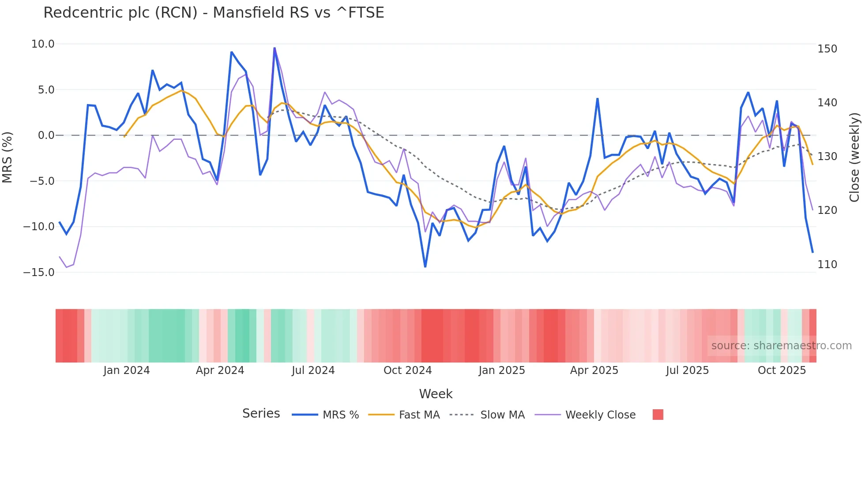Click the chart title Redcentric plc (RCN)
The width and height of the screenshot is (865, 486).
(214, 13)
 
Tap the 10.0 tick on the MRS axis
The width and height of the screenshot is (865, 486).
(43, 44)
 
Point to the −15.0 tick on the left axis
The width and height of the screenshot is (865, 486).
(39, 273)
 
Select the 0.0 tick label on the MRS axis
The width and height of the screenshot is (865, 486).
(46, 135)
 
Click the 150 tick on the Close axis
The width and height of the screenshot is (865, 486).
(827, 49)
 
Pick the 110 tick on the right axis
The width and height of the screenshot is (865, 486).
(827, 265)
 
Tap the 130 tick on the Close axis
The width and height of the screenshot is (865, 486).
(827, 157)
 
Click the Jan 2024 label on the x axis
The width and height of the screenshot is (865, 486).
(127, 370)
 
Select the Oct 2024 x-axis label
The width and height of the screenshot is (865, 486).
(407, 370)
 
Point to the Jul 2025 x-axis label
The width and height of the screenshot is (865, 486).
(687, 370)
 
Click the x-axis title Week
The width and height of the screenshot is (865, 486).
(436, 394)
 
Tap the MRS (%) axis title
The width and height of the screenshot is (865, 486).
(8, 157)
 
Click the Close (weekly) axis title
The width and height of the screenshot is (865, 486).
(854, 157)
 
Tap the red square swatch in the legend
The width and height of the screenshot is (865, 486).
(658, 415)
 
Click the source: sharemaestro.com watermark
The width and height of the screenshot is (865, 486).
(781, 346)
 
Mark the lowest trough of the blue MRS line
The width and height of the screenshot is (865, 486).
(425, 267)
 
